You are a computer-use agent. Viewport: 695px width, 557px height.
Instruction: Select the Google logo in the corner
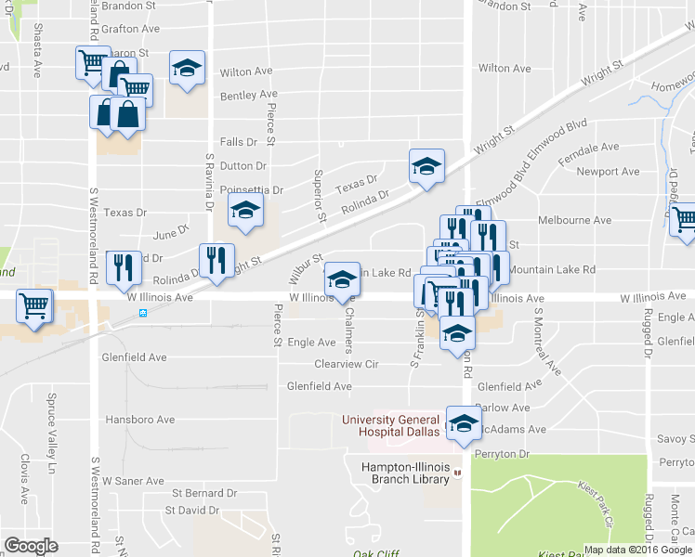click(31, 545)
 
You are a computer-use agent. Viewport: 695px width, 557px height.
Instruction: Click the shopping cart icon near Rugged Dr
click(684, 219)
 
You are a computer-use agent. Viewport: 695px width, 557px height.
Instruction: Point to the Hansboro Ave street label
click(139, 420)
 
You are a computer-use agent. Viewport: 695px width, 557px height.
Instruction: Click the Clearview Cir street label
click(347, 365)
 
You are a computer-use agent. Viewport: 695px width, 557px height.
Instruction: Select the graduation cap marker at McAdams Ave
click(462, 423)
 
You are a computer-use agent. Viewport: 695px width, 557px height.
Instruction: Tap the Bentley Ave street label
click(249, 95)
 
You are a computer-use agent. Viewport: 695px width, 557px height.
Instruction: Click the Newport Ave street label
click(608, 172)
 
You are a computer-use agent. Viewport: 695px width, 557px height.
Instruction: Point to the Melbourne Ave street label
click(575, 220)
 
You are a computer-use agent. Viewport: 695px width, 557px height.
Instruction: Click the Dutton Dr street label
click(243, 165)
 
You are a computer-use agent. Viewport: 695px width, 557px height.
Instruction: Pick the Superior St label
click(319, 195)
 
